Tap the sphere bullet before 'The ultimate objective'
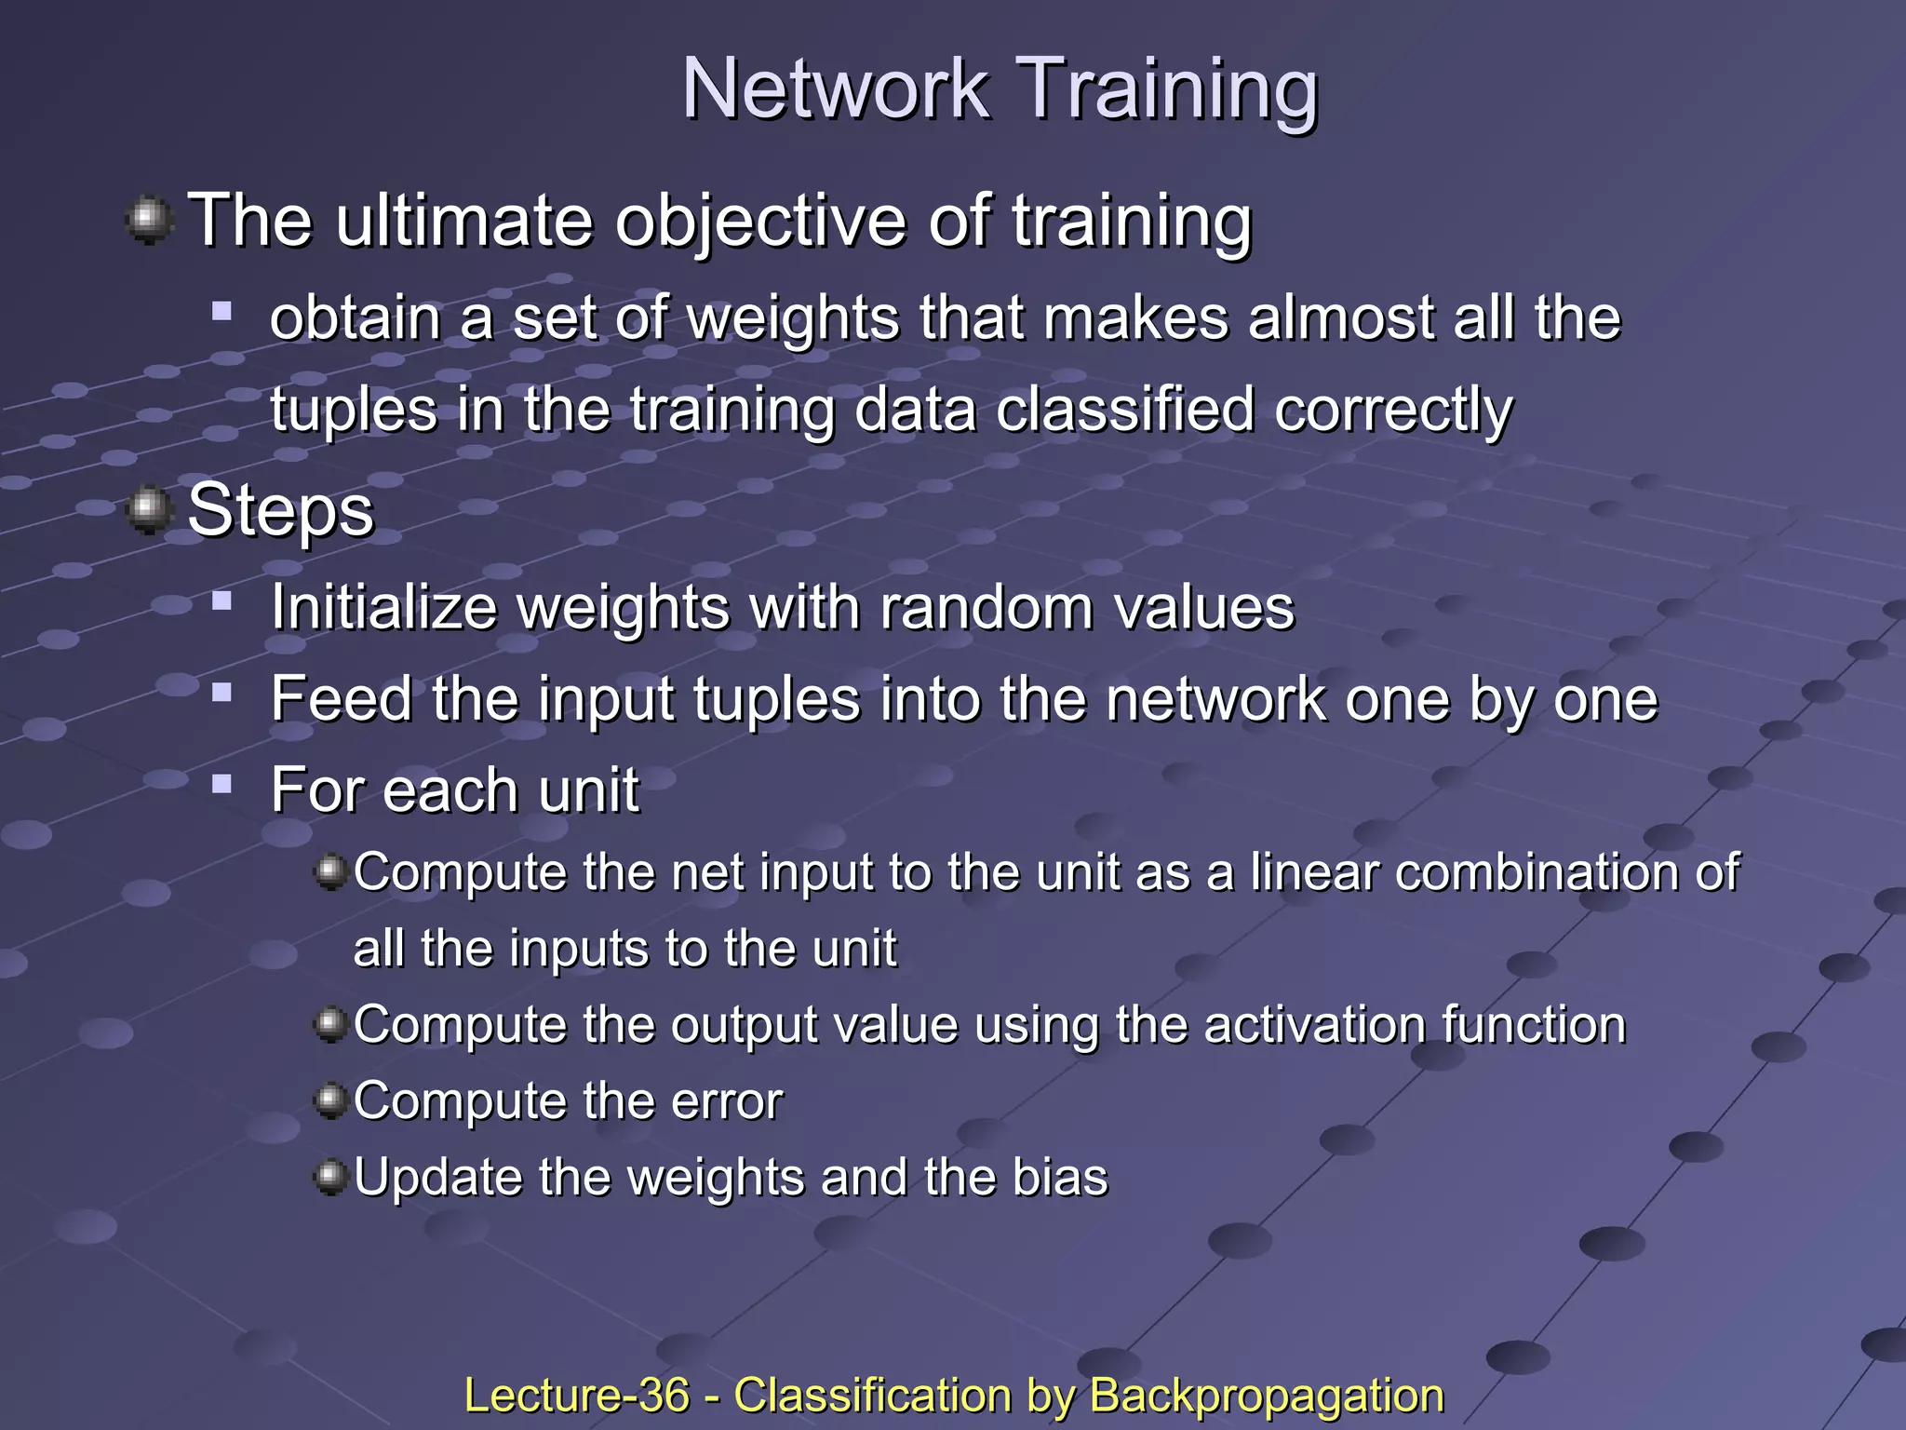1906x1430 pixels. pyautogui.click(x=149, y=221)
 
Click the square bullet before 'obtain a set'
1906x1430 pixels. pyautogui.click(x=221, y=310)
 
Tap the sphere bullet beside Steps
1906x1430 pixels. pyautogui.click(x=149, y=509)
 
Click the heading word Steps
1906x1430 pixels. pyautogui.click(x=280, y=512)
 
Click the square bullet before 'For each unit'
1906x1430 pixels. pyautogui.click(x=221, y=783)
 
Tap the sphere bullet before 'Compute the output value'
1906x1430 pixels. pyautogui.click(x=329, y=1025)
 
